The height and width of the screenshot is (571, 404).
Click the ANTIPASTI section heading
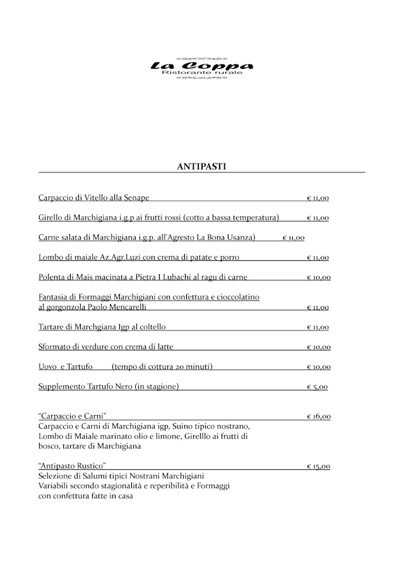pos(202,166)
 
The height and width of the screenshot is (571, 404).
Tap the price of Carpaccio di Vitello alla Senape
pos(318,198)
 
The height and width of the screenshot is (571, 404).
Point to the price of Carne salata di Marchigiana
pos(293,238)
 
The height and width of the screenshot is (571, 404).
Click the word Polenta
pos(52,277)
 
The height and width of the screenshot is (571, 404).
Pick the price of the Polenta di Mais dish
pos(318,278)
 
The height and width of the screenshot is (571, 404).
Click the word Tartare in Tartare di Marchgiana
pos(51,327)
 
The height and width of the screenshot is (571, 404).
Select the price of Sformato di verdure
pos(318,347)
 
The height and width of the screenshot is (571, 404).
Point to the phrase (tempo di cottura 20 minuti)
pos(162,367)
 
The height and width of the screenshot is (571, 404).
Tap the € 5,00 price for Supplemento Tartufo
pos(317,387)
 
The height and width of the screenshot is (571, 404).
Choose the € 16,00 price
pos(318,417)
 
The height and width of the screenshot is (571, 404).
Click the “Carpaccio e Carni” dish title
pos(72,416)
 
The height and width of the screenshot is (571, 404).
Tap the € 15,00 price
pos(318,467)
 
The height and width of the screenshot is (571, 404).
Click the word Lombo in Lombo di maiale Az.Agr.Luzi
pos(50,258)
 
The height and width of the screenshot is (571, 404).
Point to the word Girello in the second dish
pos(51,218)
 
